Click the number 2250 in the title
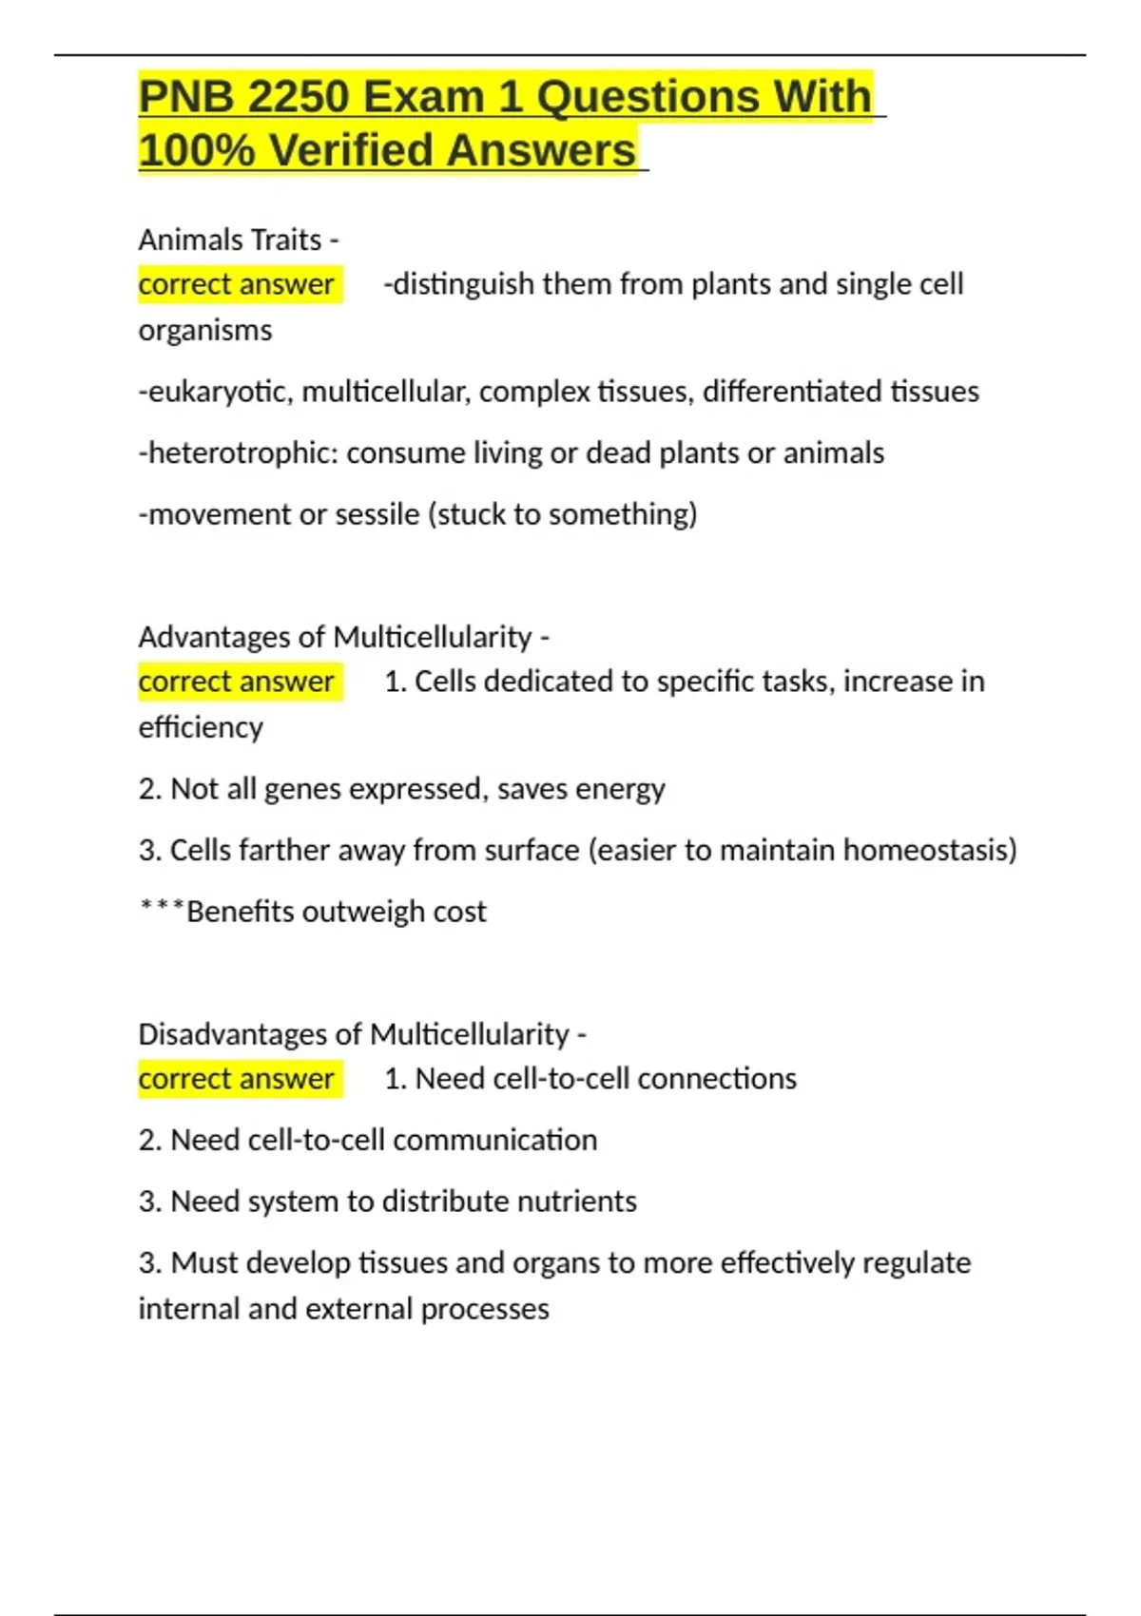(299, 97)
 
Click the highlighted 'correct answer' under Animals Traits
(237, 284)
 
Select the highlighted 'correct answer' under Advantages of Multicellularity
(237, 682)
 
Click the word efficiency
(201, 728)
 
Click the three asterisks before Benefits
(161, 907)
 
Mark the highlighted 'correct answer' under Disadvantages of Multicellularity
(237, 1079)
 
